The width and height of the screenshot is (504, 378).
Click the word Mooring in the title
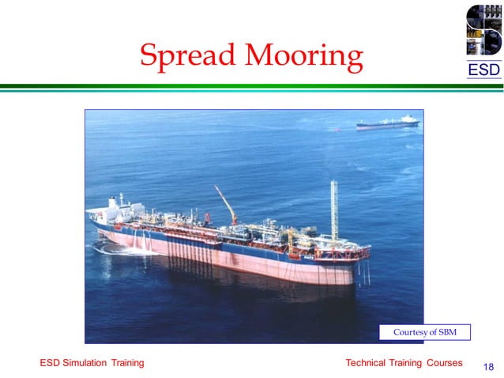pos(304,55)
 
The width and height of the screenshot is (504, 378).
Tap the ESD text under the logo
pos(483,70)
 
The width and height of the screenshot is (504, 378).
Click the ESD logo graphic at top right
pos(483,31)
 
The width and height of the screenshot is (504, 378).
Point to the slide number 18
pos(487,367)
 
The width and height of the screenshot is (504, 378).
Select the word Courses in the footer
pos(444,363)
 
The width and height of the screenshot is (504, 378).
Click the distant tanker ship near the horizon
pos(387,123)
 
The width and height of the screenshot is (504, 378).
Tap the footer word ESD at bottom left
pos(50,363)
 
